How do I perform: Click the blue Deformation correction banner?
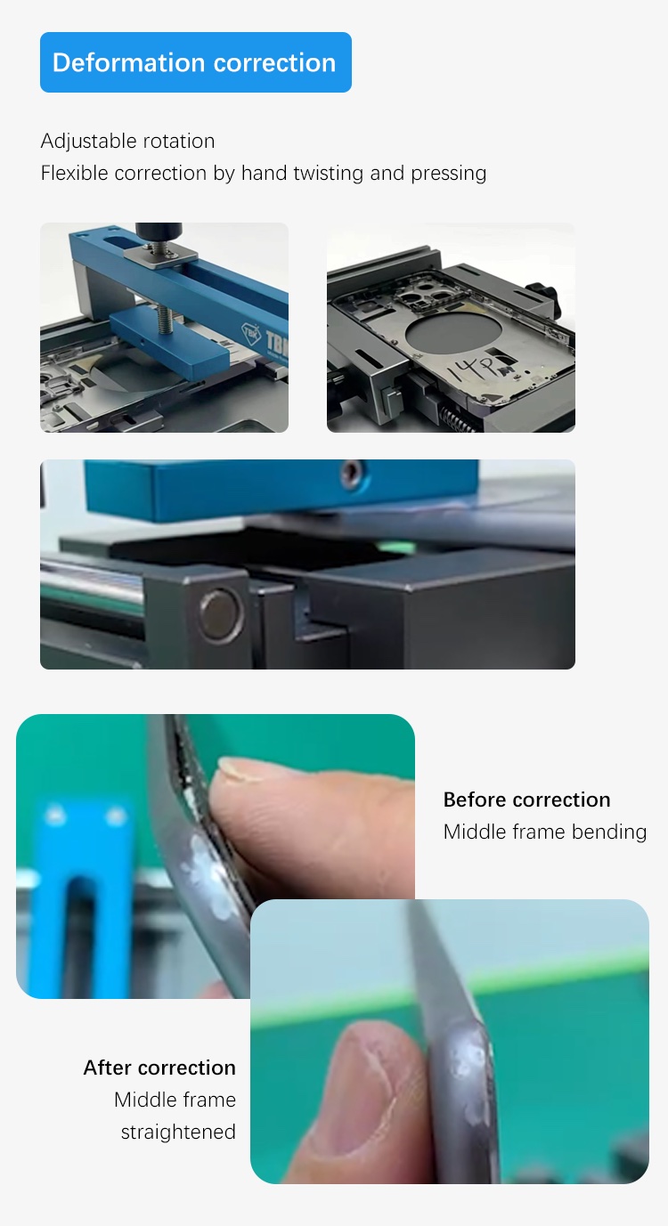(x=195, y=62)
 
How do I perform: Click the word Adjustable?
(x=80, y=142)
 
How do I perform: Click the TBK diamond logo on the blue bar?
(x=251, y=333)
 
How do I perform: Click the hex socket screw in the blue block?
(x=351, y=473)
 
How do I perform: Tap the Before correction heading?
(x=526, y=800)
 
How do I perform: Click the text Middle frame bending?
(x=545, y=832)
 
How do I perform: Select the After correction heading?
(x=159, y=1068)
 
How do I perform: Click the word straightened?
(x=178, y=1132)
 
